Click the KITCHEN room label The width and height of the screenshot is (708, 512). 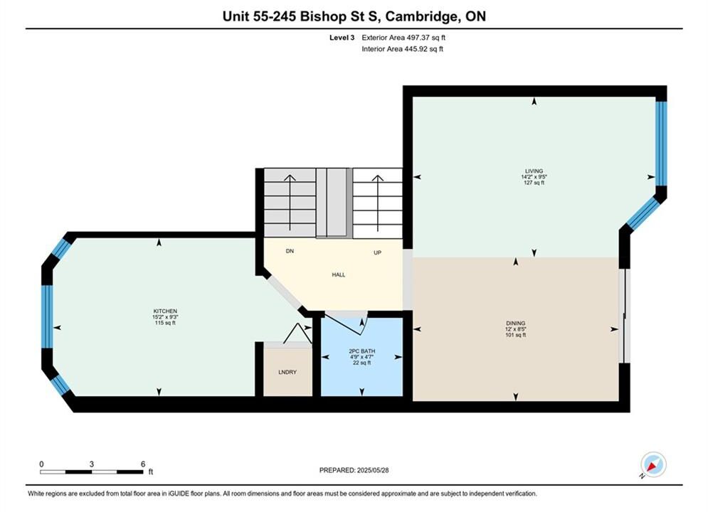coord(165,311)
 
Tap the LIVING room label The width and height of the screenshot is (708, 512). coord(534,171)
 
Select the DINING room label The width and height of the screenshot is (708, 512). coord(516,324)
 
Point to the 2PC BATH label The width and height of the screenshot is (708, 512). coord(361,351)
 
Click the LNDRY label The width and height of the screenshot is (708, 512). coord(287,372)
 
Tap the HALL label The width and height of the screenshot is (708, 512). coord(339,274)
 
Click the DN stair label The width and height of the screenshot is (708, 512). coord(290,251)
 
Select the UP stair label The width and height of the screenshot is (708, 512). coord(377,252)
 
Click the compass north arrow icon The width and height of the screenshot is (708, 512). coord(653,464)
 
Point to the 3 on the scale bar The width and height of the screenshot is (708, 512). coord(92,464)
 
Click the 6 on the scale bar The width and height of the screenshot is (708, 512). coord(143,464)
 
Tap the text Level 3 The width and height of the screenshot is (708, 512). coord(342,38)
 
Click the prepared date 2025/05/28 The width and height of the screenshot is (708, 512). coord(373,470)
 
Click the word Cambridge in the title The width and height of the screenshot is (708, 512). coord(421,16)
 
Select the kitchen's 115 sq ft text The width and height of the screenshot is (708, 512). coord(165,323)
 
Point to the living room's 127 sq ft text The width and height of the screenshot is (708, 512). coord(534,183)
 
